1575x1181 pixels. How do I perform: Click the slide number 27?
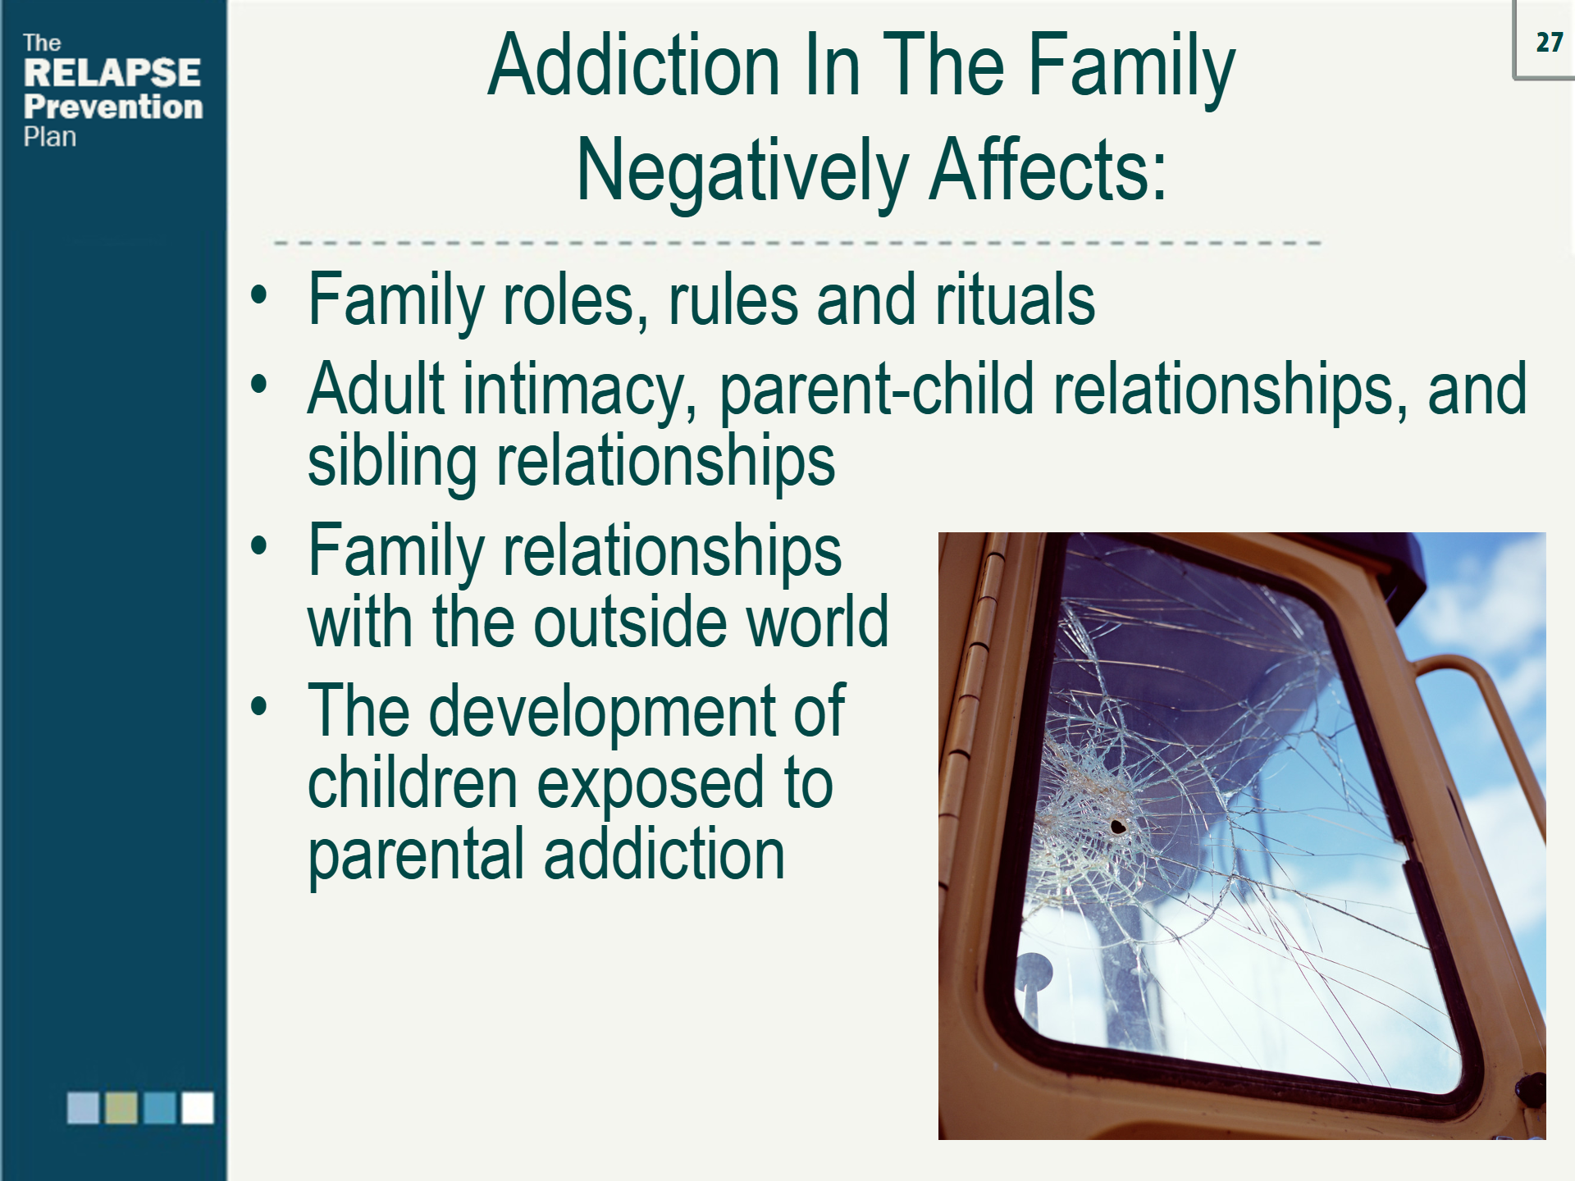pyautogui.click(x=1549, y=42)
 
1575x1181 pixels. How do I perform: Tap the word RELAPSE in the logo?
pyautogui.click(x=112, y=72)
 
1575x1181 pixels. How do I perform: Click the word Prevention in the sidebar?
pyautogui.click(x=113, y=107)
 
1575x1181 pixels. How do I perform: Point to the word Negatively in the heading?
pyautogui.click(x=742, y=171)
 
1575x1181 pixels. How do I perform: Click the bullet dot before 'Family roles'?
pyautogui.click(x=259, y=295)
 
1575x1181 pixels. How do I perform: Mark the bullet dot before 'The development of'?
pyautogui.click(x=259, y=706)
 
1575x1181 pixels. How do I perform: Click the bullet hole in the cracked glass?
pyautogui.click(x=1117, y=826)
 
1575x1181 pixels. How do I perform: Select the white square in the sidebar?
pyautogui.click(x=198, y=1107)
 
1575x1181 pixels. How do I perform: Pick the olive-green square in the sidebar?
pyautogui.click(x=121, y=1107)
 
